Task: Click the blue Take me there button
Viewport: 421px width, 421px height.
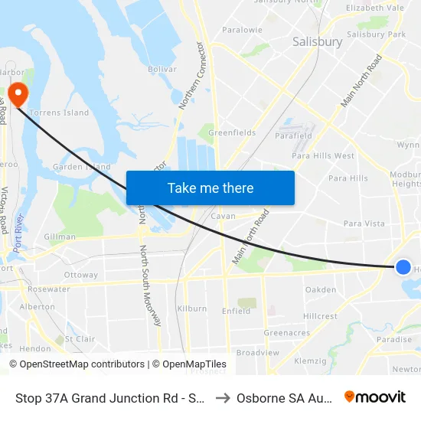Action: click(x=210, y=188)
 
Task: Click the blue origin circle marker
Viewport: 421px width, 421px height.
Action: click(x=403, y=267)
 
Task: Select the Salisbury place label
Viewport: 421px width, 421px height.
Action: click(x=317, y=42)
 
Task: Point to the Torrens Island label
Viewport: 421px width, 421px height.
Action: click(x=59, y=113)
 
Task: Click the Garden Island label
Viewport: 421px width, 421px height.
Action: click(x=81, y=167)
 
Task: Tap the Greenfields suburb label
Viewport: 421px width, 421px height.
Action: click(x=232, y=132)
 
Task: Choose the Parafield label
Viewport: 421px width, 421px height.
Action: click(x=293, y=136)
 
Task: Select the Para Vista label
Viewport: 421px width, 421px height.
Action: click(x=364, y=224)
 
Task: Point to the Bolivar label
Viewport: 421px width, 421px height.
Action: click(x=162, y=69)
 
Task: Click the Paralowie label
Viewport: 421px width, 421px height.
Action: click(x=242, y=30)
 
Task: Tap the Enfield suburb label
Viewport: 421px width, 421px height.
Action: click(x=236, y=312)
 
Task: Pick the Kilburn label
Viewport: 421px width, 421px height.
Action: click(x=191, y=308)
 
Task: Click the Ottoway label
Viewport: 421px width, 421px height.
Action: click(x=81, y=275)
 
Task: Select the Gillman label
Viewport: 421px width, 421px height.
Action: click(x=60, y=237)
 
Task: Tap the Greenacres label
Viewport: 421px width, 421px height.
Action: click(x=286, y=333)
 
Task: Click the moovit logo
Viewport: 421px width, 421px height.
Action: click(x=375, y=397)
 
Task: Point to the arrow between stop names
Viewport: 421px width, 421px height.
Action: click(x=223, y=397)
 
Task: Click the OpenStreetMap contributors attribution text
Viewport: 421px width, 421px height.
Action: click(x=77, y=364)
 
